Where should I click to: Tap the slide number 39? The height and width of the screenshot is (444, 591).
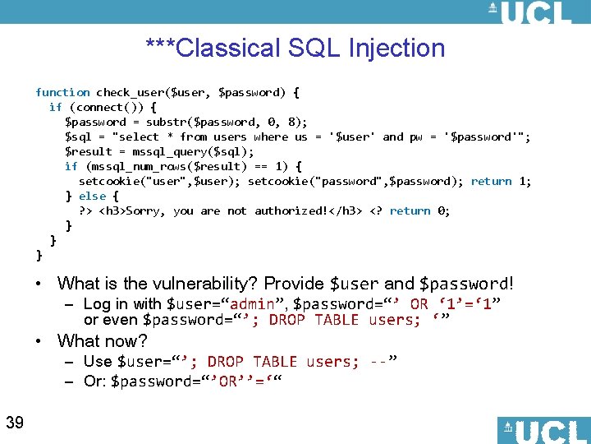[14, 423]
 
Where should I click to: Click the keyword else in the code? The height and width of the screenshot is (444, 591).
[92, 196]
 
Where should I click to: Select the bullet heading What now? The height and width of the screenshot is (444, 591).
[102, 340]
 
